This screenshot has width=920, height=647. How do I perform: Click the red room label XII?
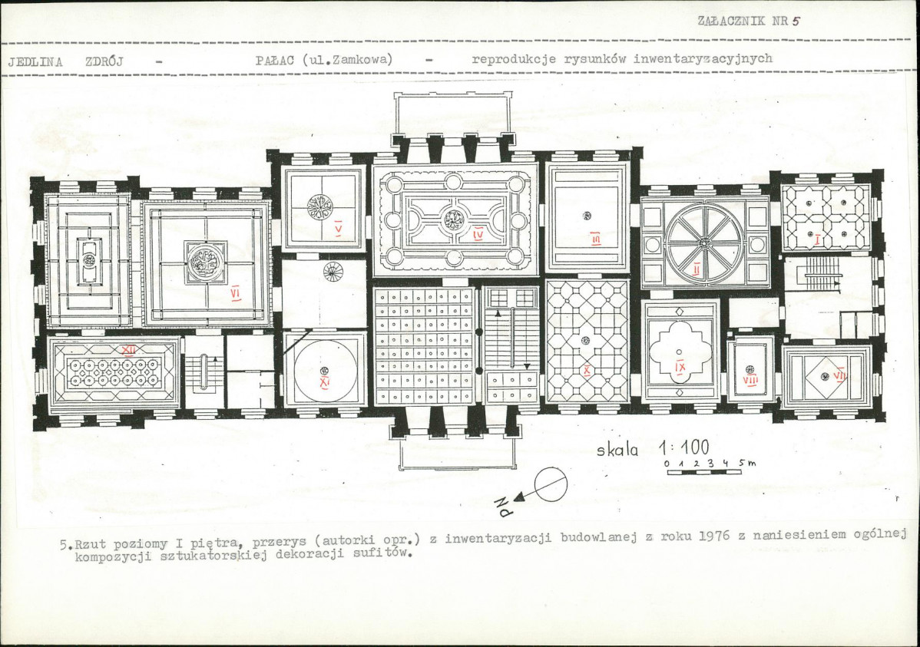[128, 350]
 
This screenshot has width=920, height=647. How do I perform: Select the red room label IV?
[478, 235]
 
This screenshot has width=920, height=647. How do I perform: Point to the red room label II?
[697, 269]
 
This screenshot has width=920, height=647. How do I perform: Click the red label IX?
[680, 365]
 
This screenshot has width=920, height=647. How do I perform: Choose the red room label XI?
[325, 382]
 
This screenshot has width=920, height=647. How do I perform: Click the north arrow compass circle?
[551, 484]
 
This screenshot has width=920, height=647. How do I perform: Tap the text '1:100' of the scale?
[683, 448]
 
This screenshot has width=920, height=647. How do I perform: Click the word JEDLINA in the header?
[35, 61]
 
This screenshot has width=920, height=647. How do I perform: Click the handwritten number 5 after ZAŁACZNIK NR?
[796, 21]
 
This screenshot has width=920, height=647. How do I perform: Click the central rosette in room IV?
[452, 220]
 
